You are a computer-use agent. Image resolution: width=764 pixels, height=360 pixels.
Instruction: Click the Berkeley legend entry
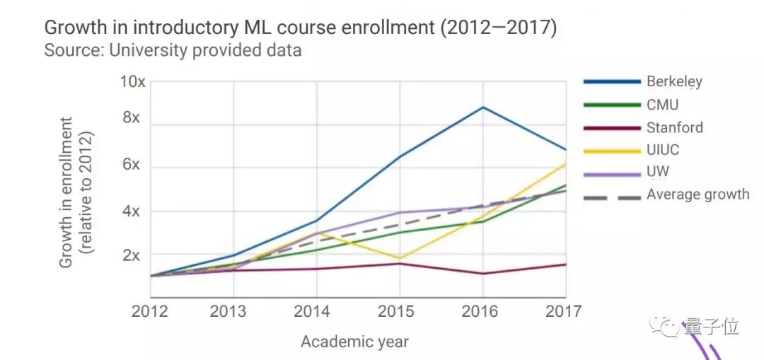tap(673, 81)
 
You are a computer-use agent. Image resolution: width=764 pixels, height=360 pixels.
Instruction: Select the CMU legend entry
tap(662, 105)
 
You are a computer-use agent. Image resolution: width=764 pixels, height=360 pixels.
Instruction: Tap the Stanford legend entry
tap(674, 128)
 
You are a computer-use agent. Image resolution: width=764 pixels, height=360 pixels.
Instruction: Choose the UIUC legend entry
tap(663, 150)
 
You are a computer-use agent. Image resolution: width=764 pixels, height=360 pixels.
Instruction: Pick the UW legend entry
tap(657, 172)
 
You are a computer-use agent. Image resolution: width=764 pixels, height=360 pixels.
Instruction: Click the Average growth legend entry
tap(698, 194)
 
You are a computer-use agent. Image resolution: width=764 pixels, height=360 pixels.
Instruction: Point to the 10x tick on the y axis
tap(132, 82)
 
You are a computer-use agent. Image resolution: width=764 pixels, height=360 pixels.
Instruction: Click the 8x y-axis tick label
tap(132, 117)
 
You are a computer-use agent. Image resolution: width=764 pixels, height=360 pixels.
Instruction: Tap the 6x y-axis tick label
tap(132, 165)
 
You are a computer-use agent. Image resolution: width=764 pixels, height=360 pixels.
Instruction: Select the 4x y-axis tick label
tap(132, 211)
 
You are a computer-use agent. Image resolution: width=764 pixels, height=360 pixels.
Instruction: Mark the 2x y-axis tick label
tap(132, 255)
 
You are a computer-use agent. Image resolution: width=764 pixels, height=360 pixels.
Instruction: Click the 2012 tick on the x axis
tap(150, 312)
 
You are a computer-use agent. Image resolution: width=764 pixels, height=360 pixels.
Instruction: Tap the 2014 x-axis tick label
tap(316, 312)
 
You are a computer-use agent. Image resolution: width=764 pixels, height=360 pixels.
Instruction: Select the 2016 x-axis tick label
tap(482, 312)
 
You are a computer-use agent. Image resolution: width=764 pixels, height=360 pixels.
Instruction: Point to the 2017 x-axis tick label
tap(563, 312)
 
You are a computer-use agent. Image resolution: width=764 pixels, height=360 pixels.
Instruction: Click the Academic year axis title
tap(354, 342)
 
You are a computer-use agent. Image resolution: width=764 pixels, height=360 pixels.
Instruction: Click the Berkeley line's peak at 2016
tap(482, 107)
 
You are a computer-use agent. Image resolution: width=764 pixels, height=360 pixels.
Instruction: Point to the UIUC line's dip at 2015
tap(400, 258)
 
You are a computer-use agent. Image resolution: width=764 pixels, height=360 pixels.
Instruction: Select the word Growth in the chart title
tap(73, 28)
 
